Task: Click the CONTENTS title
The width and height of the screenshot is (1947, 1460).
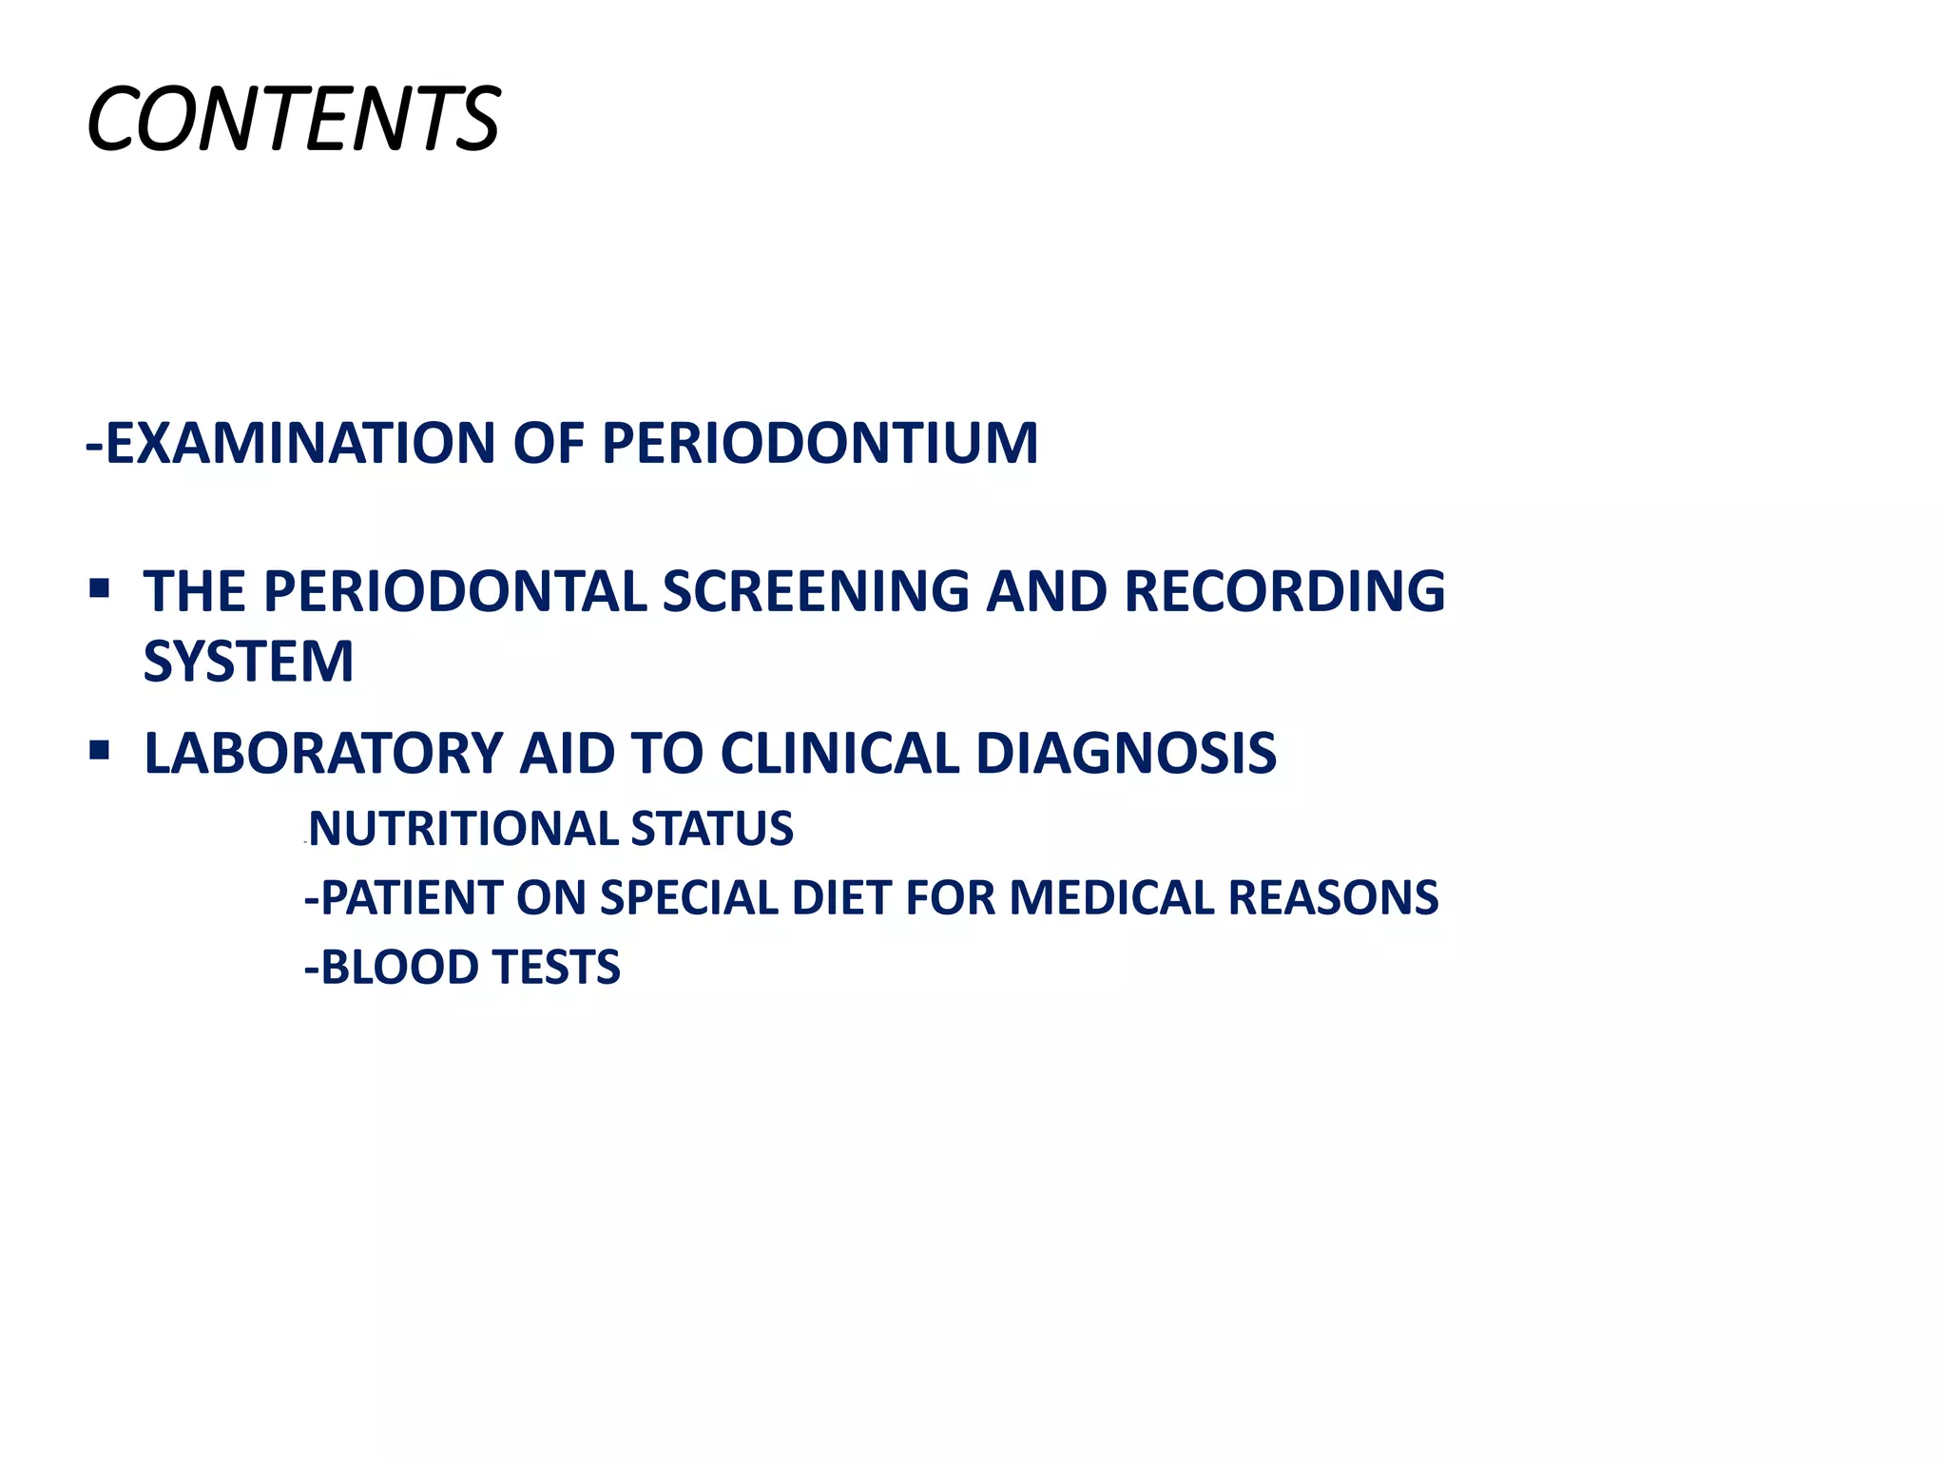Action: click(293, 120)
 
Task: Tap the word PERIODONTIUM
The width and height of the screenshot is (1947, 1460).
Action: click(819, 444)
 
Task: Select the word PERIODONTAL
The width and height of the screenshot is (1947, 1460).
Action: click(455, 591)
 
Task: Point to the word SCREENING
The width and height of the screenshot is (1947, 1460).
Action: click(816, 591)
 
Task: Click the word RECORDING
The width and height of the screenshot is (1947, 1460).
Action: click(1284, 591)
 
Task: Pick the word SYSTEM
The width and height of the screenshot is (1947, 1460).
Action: click(248, 662)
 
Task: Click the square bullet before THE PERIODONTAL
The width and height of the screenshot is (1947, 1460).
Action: click(99, 589)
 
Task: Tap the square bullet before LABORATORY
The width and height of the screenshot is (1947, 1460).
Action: click(99, 751)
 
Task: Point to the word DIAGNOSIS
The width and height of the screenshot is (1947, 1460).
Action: click(1126, 754)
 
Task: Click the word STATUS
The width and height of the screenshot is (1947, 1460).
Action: click(712, 828)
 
